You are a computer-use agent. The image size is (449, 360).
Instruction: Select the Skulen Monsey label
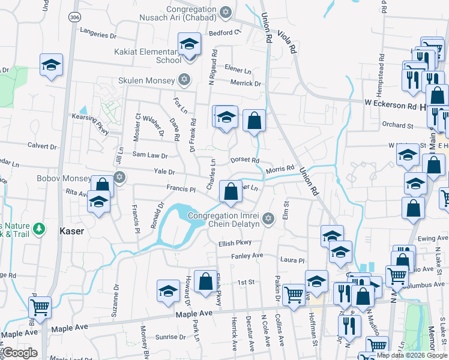[146, 80]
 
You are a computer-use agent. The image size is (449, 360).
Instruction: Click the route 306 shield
[74, 17]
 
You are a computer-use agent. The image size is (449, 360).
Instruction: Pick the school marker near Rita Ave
[98, 202]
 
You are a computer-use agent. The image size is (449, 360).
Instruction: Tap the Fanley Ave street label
[248, 256]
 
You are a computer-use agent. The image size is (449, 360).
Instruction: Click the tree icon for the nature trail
[39, 228]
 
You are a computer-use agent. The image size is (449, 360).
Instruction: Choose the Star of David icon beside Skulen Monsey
[184, 80]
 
